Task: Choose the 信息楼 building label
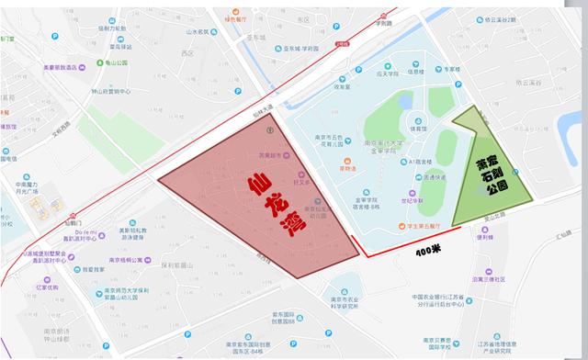pyautogui.click(x=414, y=72)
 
